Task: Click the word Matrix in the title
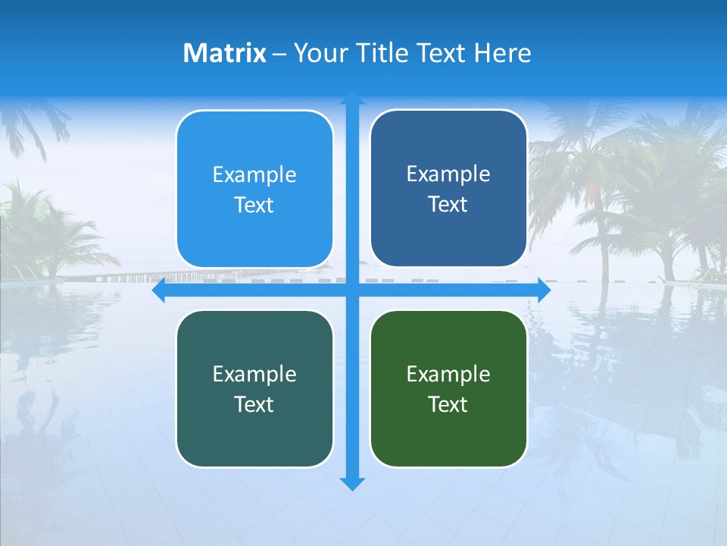(224, 53)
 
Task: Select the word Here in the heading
(502, 53)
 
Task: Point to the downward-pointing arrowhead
(352, 483)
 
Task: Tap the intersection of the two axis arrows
(352, 290)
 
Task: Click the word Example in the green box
(448, 374)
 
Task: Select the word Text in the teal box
(254, 404)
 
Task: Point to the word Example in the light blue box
(254, 174)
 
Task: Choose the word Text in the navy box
(448, 205)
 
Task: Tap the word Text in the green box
(448, 404)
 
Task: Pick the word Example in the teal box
(254, 374)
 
